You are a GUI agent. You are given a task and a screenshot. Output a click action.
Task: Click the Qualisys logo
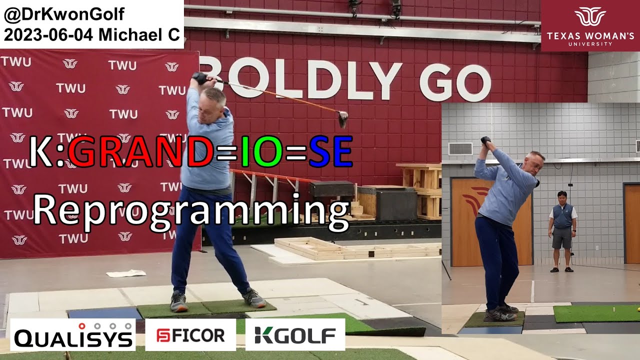(73, 334)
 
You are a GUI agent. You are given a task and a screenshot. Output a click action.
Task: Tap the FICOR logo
(190, 335)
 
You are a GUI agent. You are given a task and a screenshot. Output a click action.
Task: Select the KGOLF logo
(295, 335)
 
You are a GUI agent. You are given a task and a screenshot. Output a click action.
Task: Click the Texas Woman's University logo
(590, 25)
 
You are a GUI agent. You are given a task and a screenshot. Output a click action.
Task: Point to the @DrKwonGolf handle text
(64, 14)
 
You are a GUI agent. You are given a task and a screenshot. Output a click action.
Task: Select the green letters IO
(261, 151)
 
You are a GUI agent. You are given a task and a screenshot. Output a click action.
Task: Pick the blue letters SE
(330, 151)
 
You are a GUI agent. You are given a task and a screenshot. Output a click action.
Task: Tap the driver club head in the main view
(342, 118)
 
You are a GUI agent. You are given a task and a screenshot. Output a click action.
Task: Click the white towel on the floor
(126, 273)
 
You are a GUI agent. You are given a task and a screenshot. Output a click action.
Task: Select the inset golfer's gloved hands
(485, 140)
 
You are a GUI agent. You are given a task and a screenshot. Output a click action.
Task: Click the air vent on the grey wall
(460, 149)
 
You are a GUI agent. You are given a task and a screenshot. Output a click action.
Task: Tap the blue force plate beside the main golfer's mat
(105, 313)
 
